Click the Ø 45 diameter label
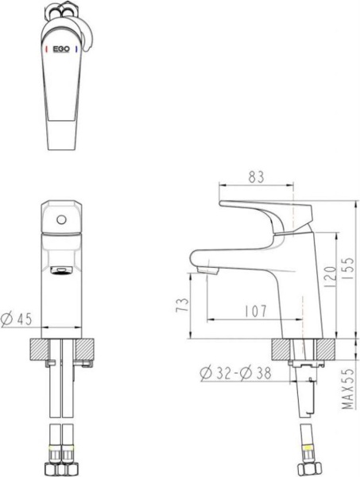coord(17,320)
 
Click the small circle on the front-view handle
coord(60,217)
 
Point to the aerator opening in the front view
coord(60,273)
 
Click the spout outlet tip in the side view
coord(205,273)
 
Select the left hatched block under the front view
coord(37,348)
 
